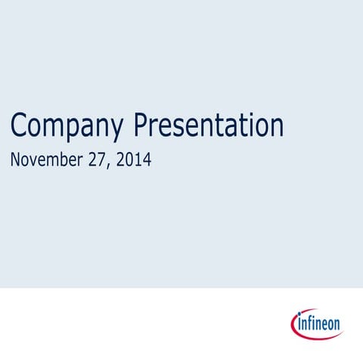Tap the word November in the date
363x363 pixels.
pos(45,160)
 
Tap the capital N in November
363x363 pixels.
pos(16,160)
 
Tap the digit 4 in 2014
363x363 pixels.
pos(147,160)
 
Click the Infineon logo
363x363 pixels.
pos(316,324)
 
